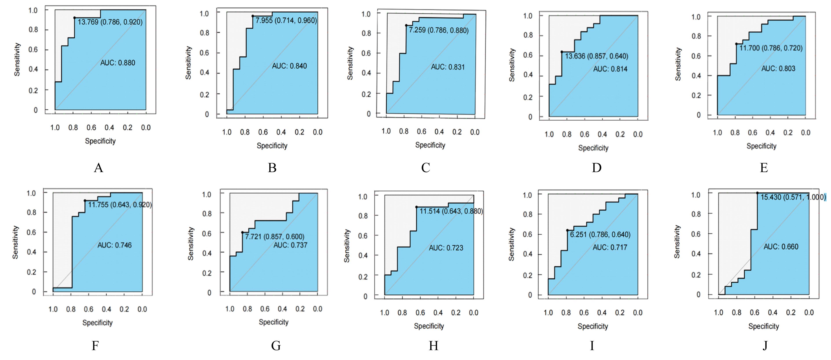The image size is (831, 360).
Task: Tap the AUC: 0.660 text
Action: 781,247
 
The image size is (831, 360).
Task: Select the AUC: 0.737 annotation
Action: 290,245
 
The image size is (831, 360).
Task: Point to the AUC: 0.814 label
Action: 610,69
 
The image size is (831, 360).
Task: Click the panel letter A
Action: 98,168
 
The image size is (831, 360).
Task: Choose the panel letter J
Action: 765,346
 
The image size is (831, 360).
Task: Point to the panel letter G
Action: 276,346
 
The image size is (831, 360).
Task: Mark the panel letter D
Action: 596,168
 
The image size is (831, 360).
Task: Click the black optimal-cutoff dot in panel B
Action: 253,16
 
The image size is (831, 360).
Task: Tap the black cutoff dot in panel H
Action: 416,207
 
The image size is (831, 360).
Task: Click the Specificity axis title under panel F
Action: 97,323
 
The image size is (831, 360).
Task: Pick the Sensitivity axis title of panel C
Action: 350,63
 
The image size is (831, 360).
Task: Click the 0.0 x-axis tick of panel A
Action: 146,127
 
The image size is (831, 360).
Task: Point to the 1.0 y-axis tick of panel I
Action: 527,195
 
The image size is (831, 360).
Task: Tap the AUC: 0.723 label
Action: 446,248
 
